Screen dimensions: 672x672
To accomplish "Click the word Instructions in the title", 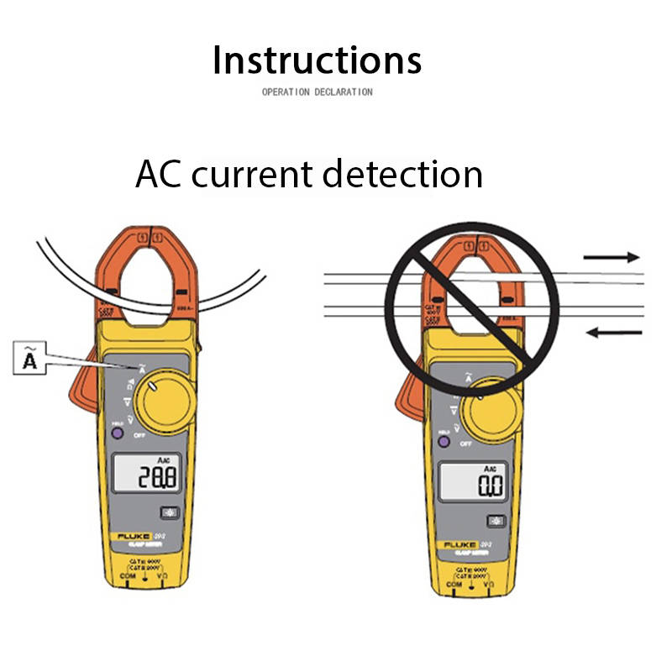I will tap(317, 60).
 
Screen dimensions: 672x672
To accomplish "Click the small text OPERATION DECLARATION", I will tap(317, 92).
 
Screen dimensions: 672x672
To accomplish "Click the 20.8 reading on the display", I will tap(158, 478).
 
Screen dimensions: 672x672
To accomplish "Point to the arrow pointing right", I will tap(612, 257).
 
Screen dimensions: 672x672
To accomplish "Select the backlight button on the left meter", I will tap(171, 514).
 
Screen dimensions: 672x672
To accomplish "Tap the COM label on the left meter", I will tap(127, 576).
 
